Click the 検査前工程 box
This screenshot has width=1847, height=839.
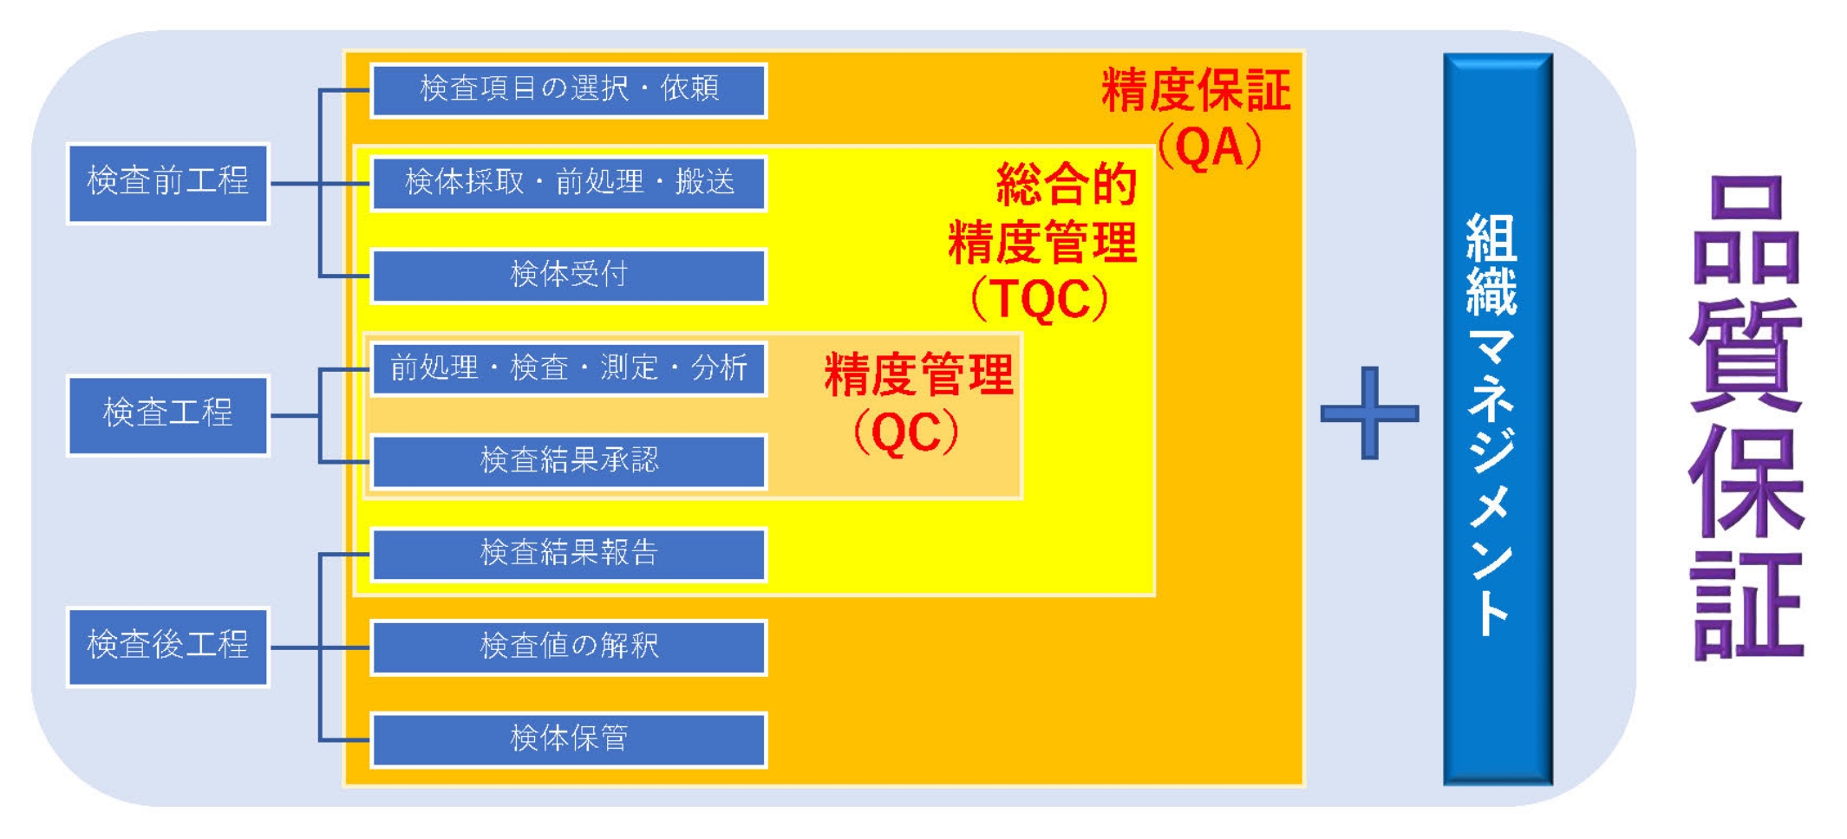(168, 183)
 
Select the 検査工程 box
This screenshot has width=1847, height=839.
(168, 415)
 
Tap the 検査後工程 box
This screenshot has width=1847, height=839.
(168, 647)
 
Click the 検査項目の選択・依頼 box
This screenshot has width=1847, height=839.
(569, 90)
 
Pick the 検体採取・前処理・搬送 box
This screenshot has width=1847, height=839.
(569, 183)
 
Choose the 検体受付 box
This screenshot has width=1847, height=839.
(569, 276)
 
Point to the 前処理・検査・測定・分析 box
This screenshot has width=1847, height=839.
(569, 368)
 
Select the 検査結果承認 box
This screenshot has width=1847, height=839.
(569, 461)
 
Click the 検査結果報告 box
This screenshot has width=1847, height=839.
(569, 554)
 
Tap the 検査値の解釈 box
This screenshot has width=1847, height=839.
(569, 647)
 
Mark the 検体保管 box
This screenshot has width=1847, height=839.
(569, 740)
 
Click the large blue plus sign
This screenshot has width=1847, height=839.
(1369, 413)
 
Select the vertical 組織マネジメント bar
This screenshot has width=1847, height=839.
(1498, 419)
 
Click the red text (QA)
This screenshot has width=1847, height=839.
(1210, 148)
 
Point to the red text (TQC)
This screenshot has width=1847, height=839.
(1040, 300)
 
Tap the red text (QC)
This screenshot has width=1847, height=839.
(906, 432)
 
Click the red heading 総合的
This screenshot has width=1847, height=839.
(1067, 184)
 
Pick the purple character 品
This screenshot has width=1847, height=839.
(1746, 231)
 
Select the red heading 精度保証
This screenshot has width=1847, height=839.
(1197, 90)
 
